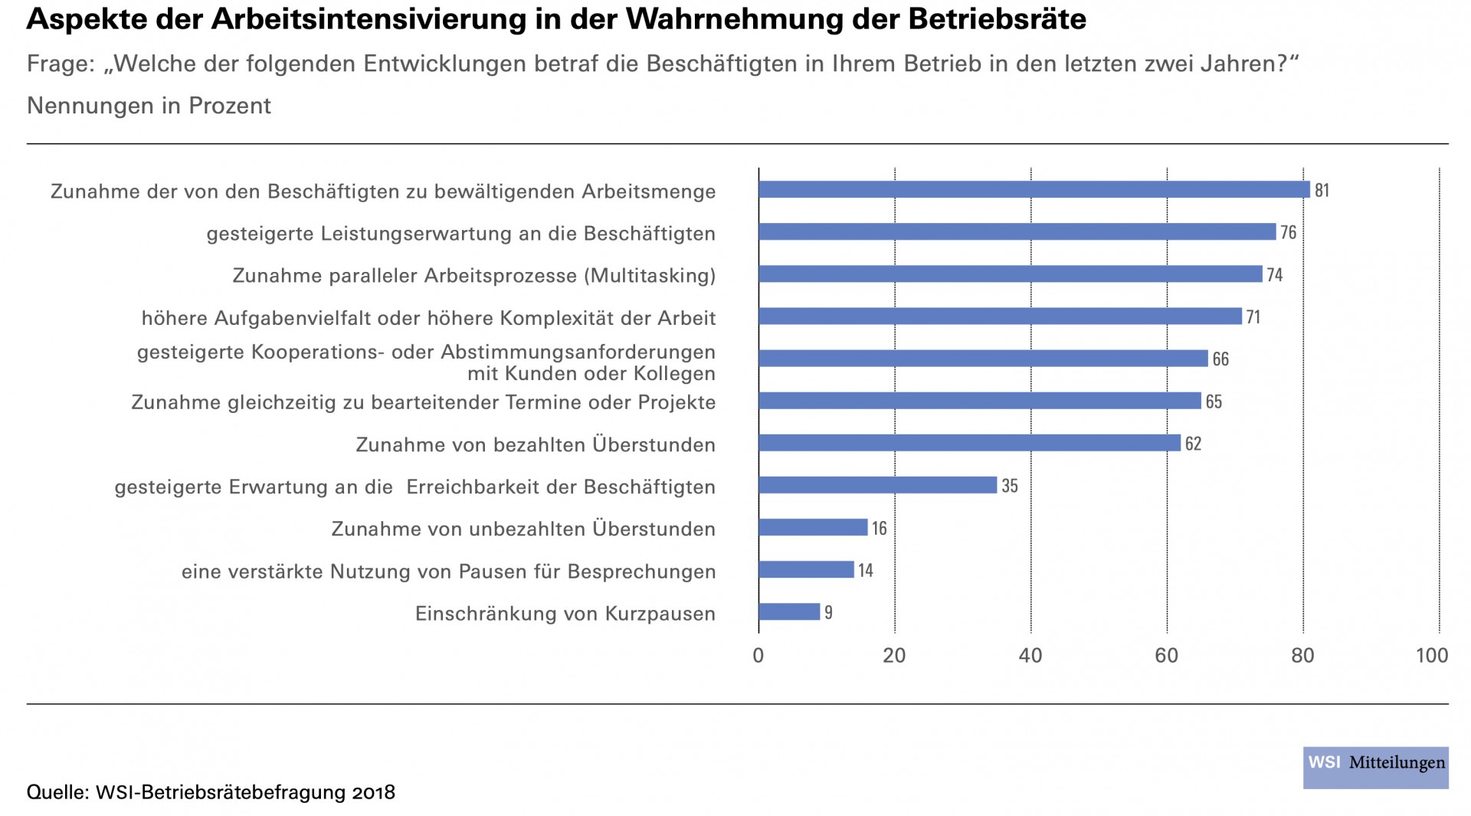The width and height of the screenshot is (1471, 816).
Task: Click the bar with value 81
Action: point(1034,189)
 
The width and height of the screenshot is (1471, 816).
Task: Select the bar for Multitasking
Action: point(1010,274)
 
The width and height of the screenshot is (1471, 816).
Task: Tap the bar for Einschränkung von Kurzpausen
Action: point(789,612)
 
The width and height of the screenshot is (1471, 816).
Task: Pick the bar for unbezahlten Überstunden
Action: point(813,528)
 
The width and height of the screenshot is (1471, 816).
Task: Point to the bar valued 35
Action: point(877,486)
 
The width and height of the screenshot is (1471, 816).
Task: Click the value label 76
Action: point(1289,232)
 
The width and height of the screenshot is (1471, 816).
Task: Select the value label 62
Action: point(1193,444)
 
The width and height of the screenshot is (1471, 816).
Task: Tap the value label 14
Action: point(866,570)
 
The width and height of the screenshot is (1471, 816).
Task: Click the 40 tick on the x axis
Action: point(1030,656)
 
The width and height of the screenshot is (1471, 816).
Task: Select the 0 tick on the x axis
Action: point(758,656)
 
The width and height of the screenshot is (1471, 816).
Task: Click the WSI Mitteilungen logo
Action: point(1376,767)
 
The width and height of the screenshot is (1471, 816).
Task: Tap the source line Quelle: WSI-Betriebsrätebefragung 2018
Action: point(211,792)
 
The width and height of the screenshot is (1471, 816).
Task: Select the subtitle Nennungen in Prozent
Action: point(149,106)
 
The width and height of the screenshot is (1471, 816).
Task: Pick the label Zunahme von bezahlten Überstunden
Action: point(536,445)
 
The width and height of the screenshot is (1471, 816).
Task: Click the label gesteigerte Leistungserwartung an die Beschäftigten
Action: point(460,234)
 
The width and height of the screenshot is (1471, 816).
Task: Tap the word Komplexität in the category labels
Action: point(565,318)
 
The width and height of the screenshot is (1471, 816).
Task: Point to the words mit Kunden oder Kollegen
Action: point(591,374)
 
